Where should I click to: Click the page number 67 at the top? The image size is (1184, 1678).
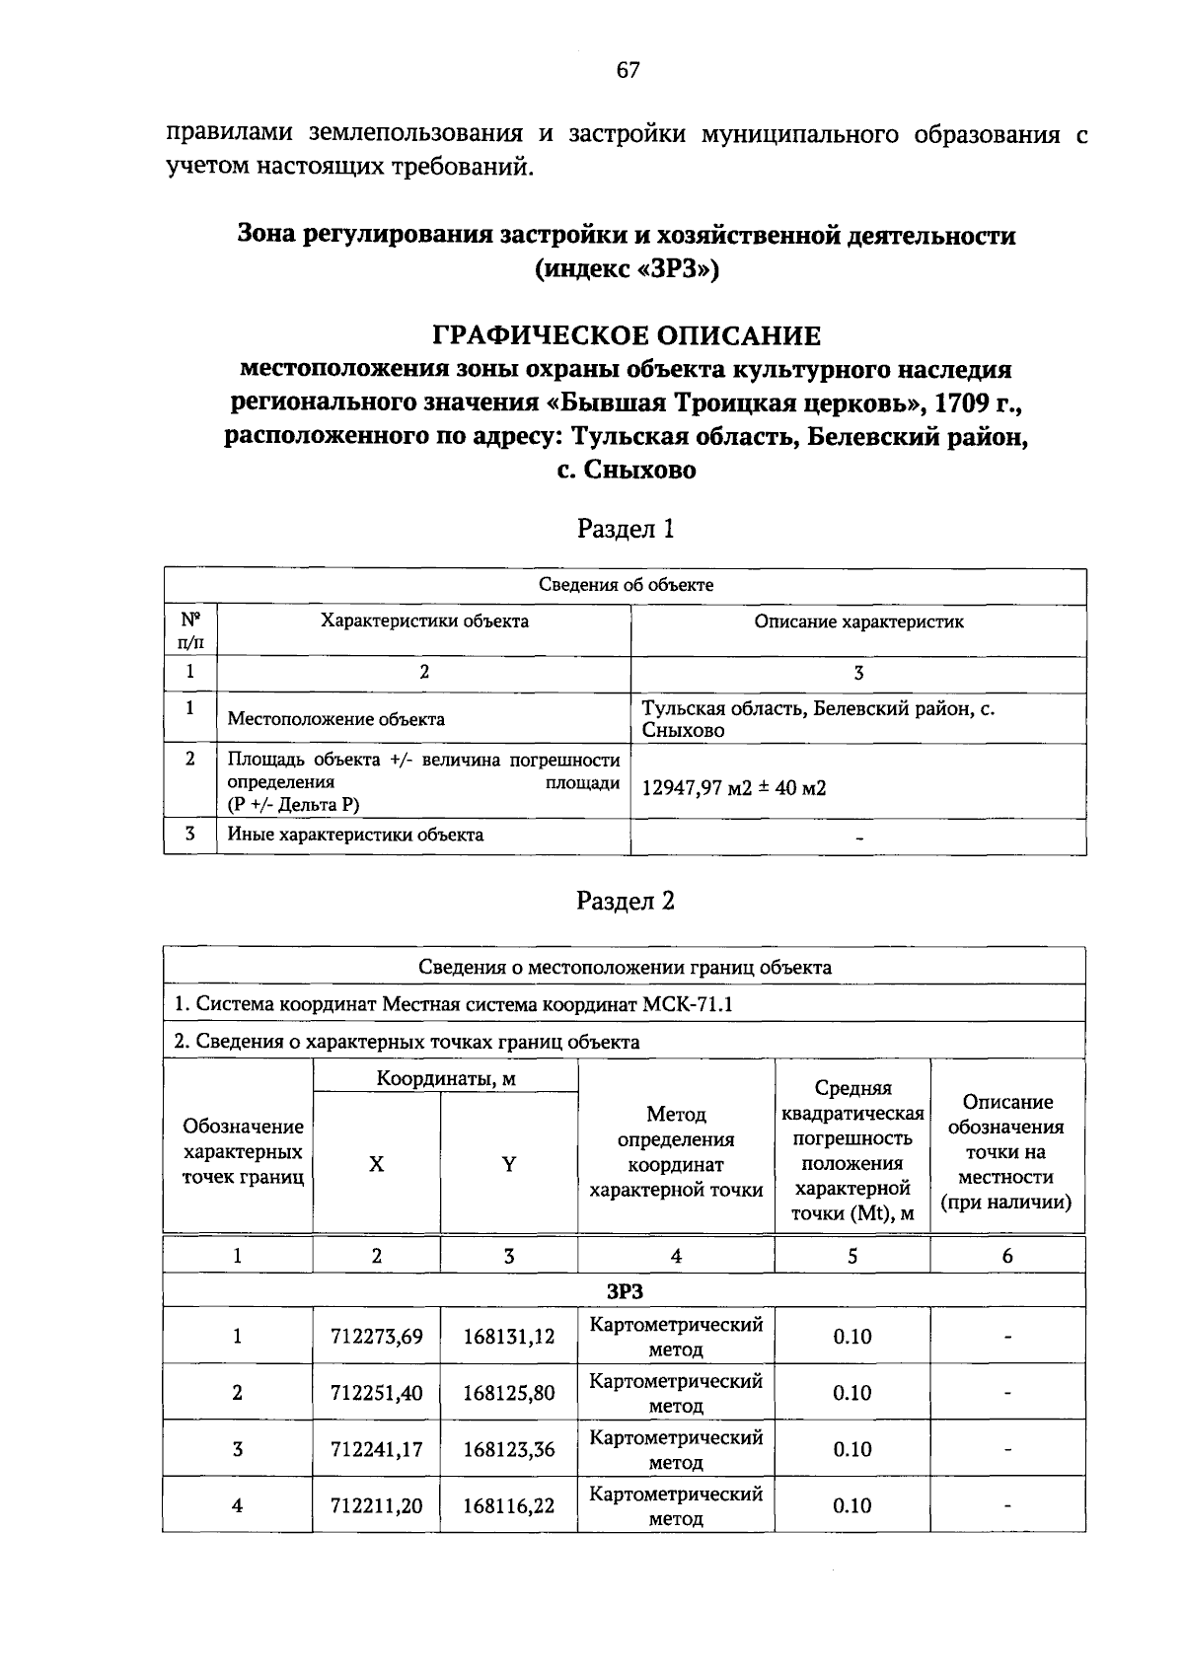(628, 70)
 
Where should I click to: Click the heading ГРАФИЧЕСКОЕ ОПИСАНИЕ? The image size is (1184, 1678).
(627, 336)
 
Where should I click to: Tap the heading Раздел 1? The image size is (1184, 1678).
(626, 529)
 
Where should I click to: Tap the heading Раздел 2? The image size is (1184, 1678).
(626, 901)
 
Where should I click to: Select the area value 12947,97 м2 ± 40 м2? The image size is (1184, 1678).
(734, 788)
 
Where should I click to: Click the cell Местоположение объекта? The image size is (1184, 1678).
(336, 719)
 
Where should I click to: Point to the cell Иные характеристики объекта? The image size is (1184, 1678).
(355, 835)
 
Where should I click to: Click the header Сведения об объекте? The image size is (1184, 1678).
(626, 585)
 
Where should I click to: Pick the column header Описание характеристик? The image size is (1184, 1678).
(858, 621)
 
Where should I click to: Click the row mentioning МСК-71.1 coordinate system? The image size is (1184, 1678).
(454, 1004)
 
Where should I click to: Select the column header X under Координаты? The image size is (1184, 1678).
(376, 1165)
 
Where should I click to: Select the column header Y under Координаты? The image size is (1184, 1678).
(509, 1165)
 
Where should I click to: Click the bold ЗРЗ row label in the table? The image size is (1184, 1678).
(625, 1291)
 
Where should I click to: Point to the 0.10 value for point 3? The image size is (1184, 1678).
(851, 1449)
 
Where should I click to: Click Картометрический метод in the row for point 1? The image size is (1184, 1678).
(676, 1337)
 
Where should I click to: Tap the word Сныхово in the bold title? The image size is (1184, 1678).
(639, 471)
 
